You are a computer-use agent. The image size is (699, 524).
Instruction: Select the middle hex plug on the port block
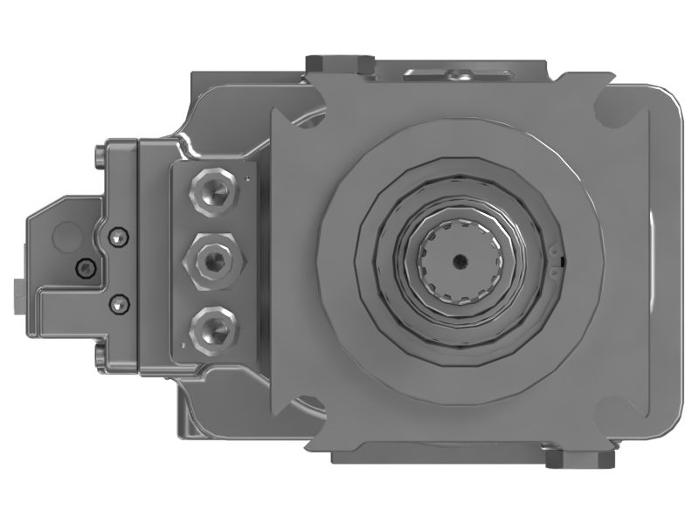coord(213,258)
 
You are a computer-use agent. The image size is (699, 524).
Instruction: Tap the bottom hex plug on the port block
coord(213,327)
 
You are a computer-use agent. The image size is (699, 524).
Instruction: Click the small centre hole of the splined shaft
coord(459,259)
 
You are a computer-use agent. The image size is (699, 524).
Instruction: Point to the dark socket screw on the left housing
coord(85,268)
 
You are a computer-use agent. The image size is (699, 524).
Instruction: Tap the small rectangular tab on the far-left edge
coord(20,293)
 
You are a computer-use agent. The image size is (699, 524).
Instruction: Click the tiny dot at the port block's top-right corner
coord(248,177)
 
